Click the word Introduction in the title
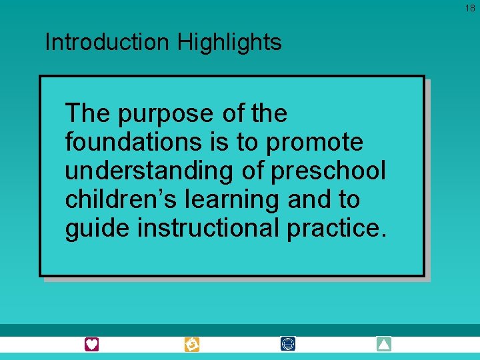107,43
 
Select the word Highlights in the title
229,43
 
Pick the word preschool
328,171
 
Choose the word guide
97,229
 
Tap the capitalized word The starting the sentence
88,114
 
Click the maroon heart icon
91,345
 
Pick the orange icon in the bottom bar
191,345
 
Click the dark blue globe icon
288,345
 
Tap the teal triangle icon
384,345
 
